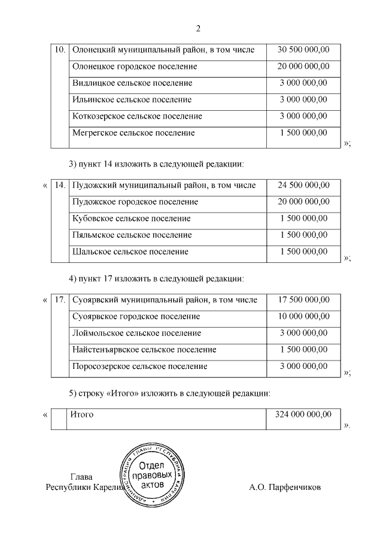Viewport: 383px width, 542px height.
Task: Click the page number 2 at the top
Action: pos(198,28)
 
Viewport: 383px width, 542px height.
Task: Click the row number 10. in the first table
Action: pos(60,50)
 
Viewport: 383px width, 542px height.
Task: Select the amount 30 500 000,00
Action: pos(303,50)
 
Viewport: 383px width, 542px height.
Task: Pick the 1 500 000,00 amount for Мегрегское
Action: pos(303,132)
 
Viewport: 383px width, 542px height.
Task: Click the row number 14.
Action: pos(60,185)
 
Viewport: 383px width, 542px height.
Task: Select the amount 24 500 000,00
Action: pos(303,185)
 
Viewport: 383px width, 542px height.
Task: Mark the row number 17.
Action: pos(60,299)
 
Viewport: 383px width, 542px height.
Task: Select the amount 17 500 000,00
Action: pos(303,299)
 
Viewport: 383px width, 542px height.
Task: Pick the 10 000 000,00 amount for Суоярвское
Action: pos(303,316)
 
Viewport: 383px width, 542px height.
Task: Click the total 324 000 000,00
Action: pos(303,414)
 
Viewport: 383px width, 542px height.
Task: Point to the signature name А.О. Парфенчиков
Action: pos(285,488)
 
